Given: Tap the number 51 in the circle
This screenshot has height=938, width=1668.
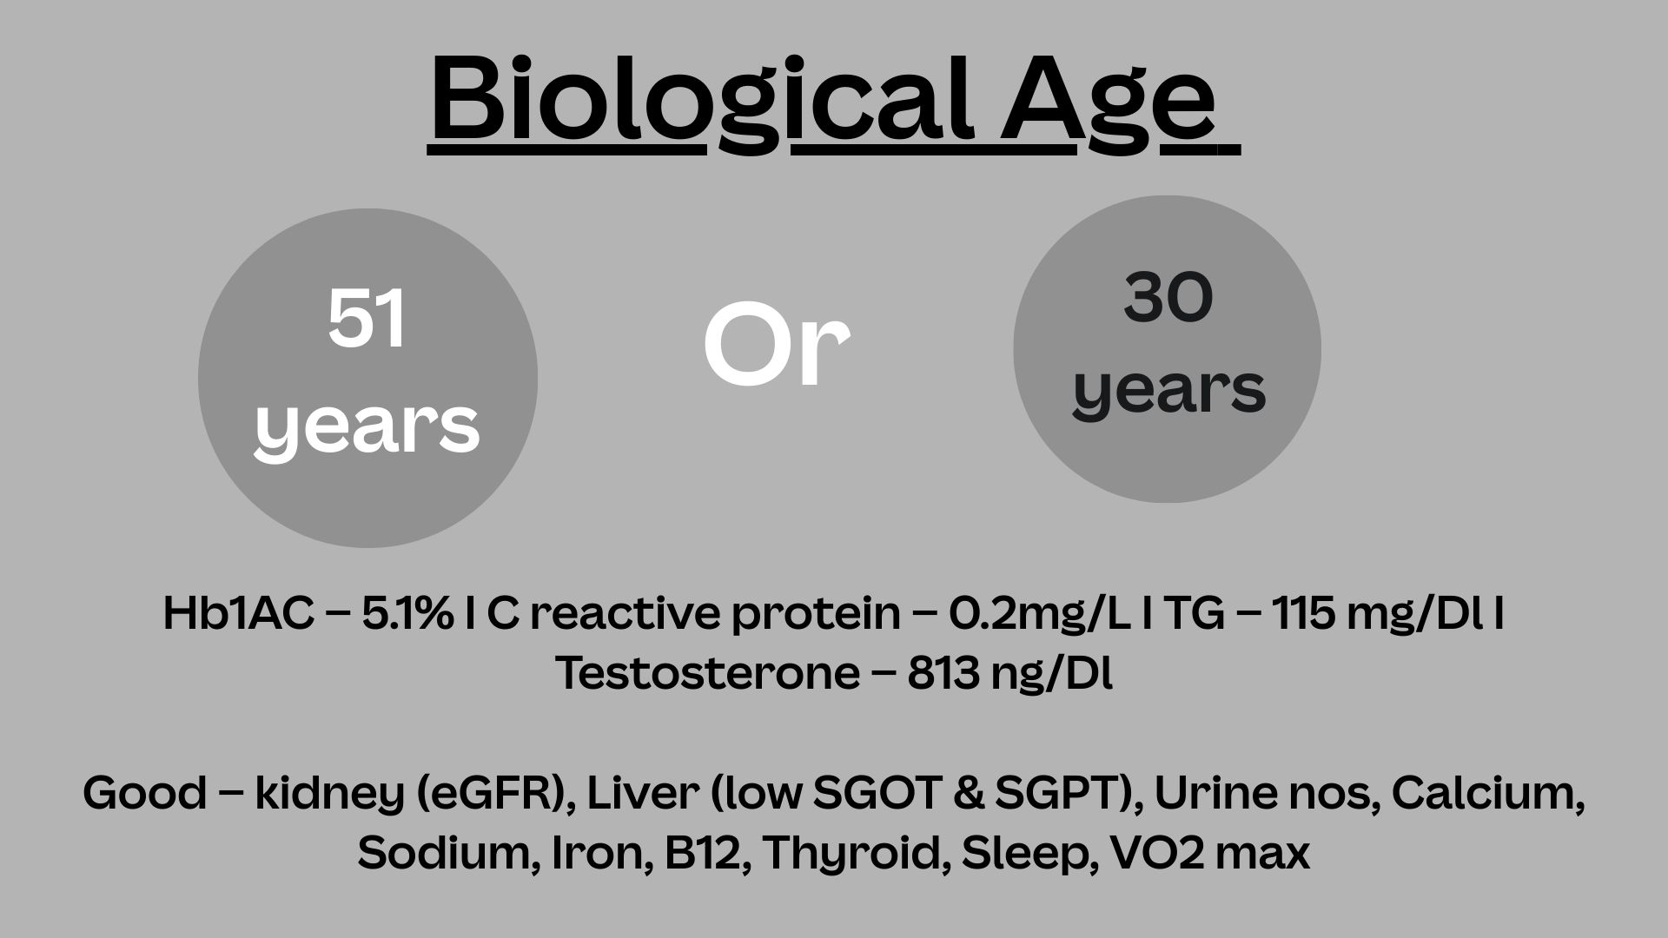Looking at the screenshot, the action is click(x=367, y=320).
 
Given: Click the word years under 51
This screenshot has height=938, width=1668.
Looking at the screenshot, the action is click(x=367, y=427).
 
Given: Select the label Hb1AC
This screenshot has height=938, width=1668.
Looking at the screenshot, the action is click(x=238, y=613).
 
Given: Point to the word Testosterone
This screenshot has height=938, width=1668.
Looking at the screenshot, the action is click(x=707, y=673).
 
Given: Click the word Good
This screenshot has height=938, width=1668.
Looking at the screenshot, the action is click(x=145, y=793).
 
